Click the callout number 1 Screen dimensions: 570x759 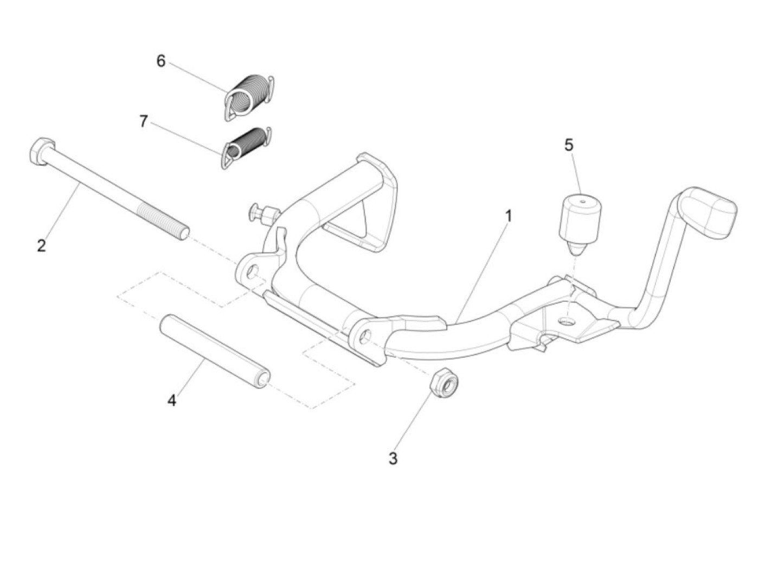[x=508, y=216]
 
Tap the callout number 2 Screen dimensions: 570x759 [x=42, y=245]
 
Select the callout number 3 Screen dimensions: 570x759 [x=393, y=458]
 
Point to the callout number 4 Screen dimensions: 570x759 [x=172, y=401]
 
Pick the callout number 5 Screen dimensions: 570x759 [x=569, y=145]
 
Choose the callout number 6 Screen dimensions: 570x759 [x=161, y=61]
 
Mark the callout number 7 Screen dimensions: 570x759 [x=143, y=121]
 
